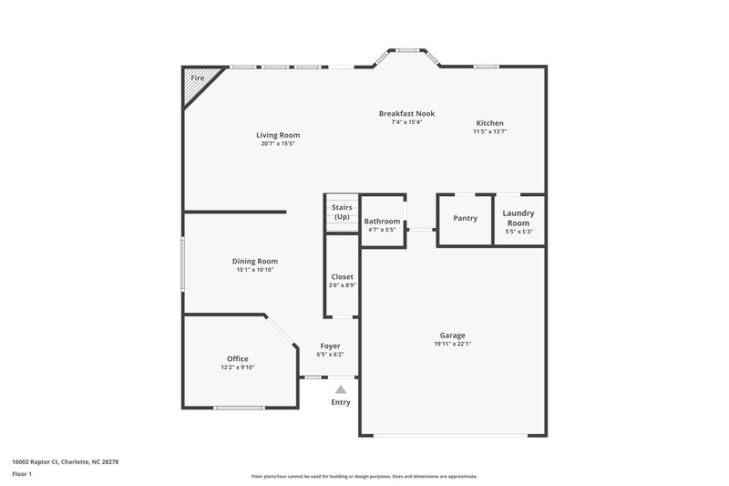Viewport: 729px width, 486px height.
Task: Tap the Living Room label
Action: coord(278,135)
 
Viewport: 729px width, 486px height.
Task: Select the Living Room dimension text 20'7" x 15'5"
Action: coord(278,144)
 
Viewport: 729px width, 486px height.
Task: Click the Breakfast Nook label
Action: coord(406,113)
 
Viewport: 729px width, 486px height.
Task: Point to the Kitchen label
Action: coord(489,123)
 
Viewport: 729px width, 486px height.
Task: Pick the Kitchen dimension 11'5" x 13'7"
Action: coord(489,132)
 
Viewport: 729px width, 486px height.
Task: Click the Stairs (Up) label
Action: coord(342,212)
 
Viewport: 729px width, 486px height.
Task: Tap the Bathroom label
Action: coord(382,222)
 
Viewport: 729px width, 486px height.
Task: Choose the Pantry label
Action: coord(466,218)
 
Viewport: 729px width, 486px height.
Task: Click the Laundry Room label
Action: coord(519,218)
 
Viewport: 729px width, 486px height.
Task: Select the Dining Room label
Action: coord(255,261)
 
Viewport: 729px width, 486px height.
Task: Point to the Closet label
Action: coord(342,277)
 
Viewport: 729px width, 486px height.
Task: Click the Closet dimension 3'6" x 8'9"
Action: coord(342,286)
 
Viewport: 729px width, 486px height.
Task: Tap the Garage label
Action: coord(453,335)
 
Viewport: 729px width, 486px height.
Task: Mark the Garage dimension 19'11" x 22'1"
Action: coord(453,344)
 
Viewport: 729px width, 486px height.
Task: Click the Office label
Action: coord(238,358)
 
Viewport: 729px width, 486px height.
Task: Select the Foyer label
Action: coord(330,346)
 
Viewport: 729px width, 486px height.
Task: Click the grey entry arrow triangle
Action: coord(341,388)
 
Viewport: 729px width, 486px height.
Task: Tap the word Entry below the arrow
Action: coord(341,402)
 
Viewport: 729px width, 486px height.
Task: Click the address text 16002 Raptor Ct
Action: coord(40,461)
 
